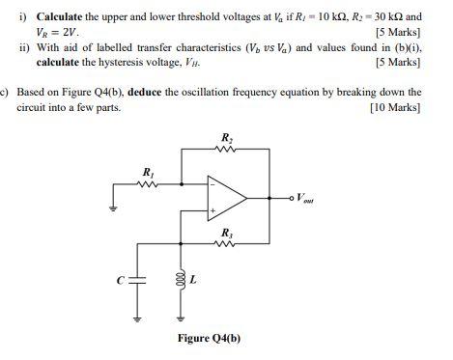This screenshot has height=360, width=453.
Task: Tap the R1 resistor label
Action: coord(148,172)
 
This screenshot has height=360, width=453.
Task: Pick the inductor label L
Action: coord(192,280)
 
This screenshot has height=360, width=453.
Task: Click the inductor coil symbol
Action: coord(179,280)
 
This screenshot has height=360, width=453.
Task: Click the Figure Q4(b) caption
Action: coord(209,339)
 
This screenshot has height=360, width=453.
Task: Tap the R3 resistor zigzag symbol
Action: coord(227,245)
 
